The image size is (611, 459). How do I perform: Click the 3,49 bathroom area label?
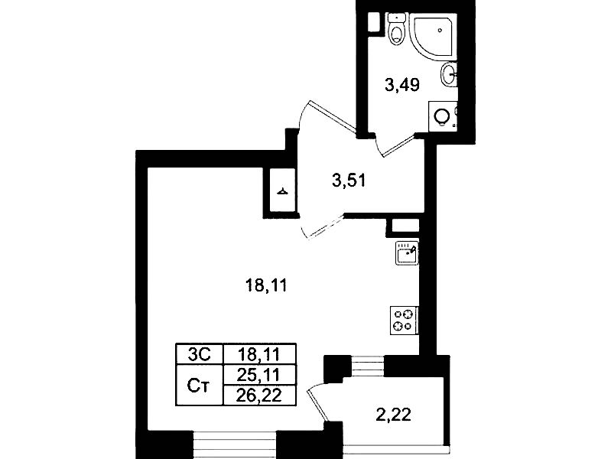pos(401,85)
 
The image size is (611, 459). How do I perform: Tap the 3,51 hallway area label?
pos(349,181)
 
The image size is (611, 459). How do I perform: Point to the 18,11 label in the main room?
pos(266,285)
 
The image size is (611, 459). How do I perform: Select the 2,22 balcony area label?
pos(394,415)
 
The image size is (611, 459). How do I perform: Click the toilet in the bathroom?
pos(397,29)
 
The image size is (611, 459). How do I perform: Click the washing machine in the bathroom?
pos(443,116)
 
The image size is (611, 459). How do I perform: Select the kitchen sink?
pos(407,252)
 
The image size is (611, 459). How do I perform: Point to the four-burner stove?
pos(404,321)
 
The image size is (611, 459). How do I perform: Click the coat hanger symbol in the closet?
pos(283,191)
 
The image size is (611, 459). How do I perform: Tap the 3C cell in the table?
pos(199,354)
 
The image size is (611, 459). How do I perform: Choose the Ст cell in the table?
pos(199,386)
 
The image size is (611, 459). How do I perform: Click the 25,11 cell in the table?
pos(259,375)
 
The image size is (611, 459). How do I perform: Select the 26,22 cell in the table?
pos(259,396)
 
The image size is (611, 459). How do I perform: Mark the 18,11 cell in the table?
pos(259,354)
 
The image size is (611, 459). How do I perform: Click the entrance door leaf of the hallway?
pos(333,116)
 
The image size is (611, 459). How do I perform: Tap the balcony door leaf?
pos(318,405)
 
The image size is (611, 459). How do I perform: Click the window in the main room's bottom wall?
pos(235,445)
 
